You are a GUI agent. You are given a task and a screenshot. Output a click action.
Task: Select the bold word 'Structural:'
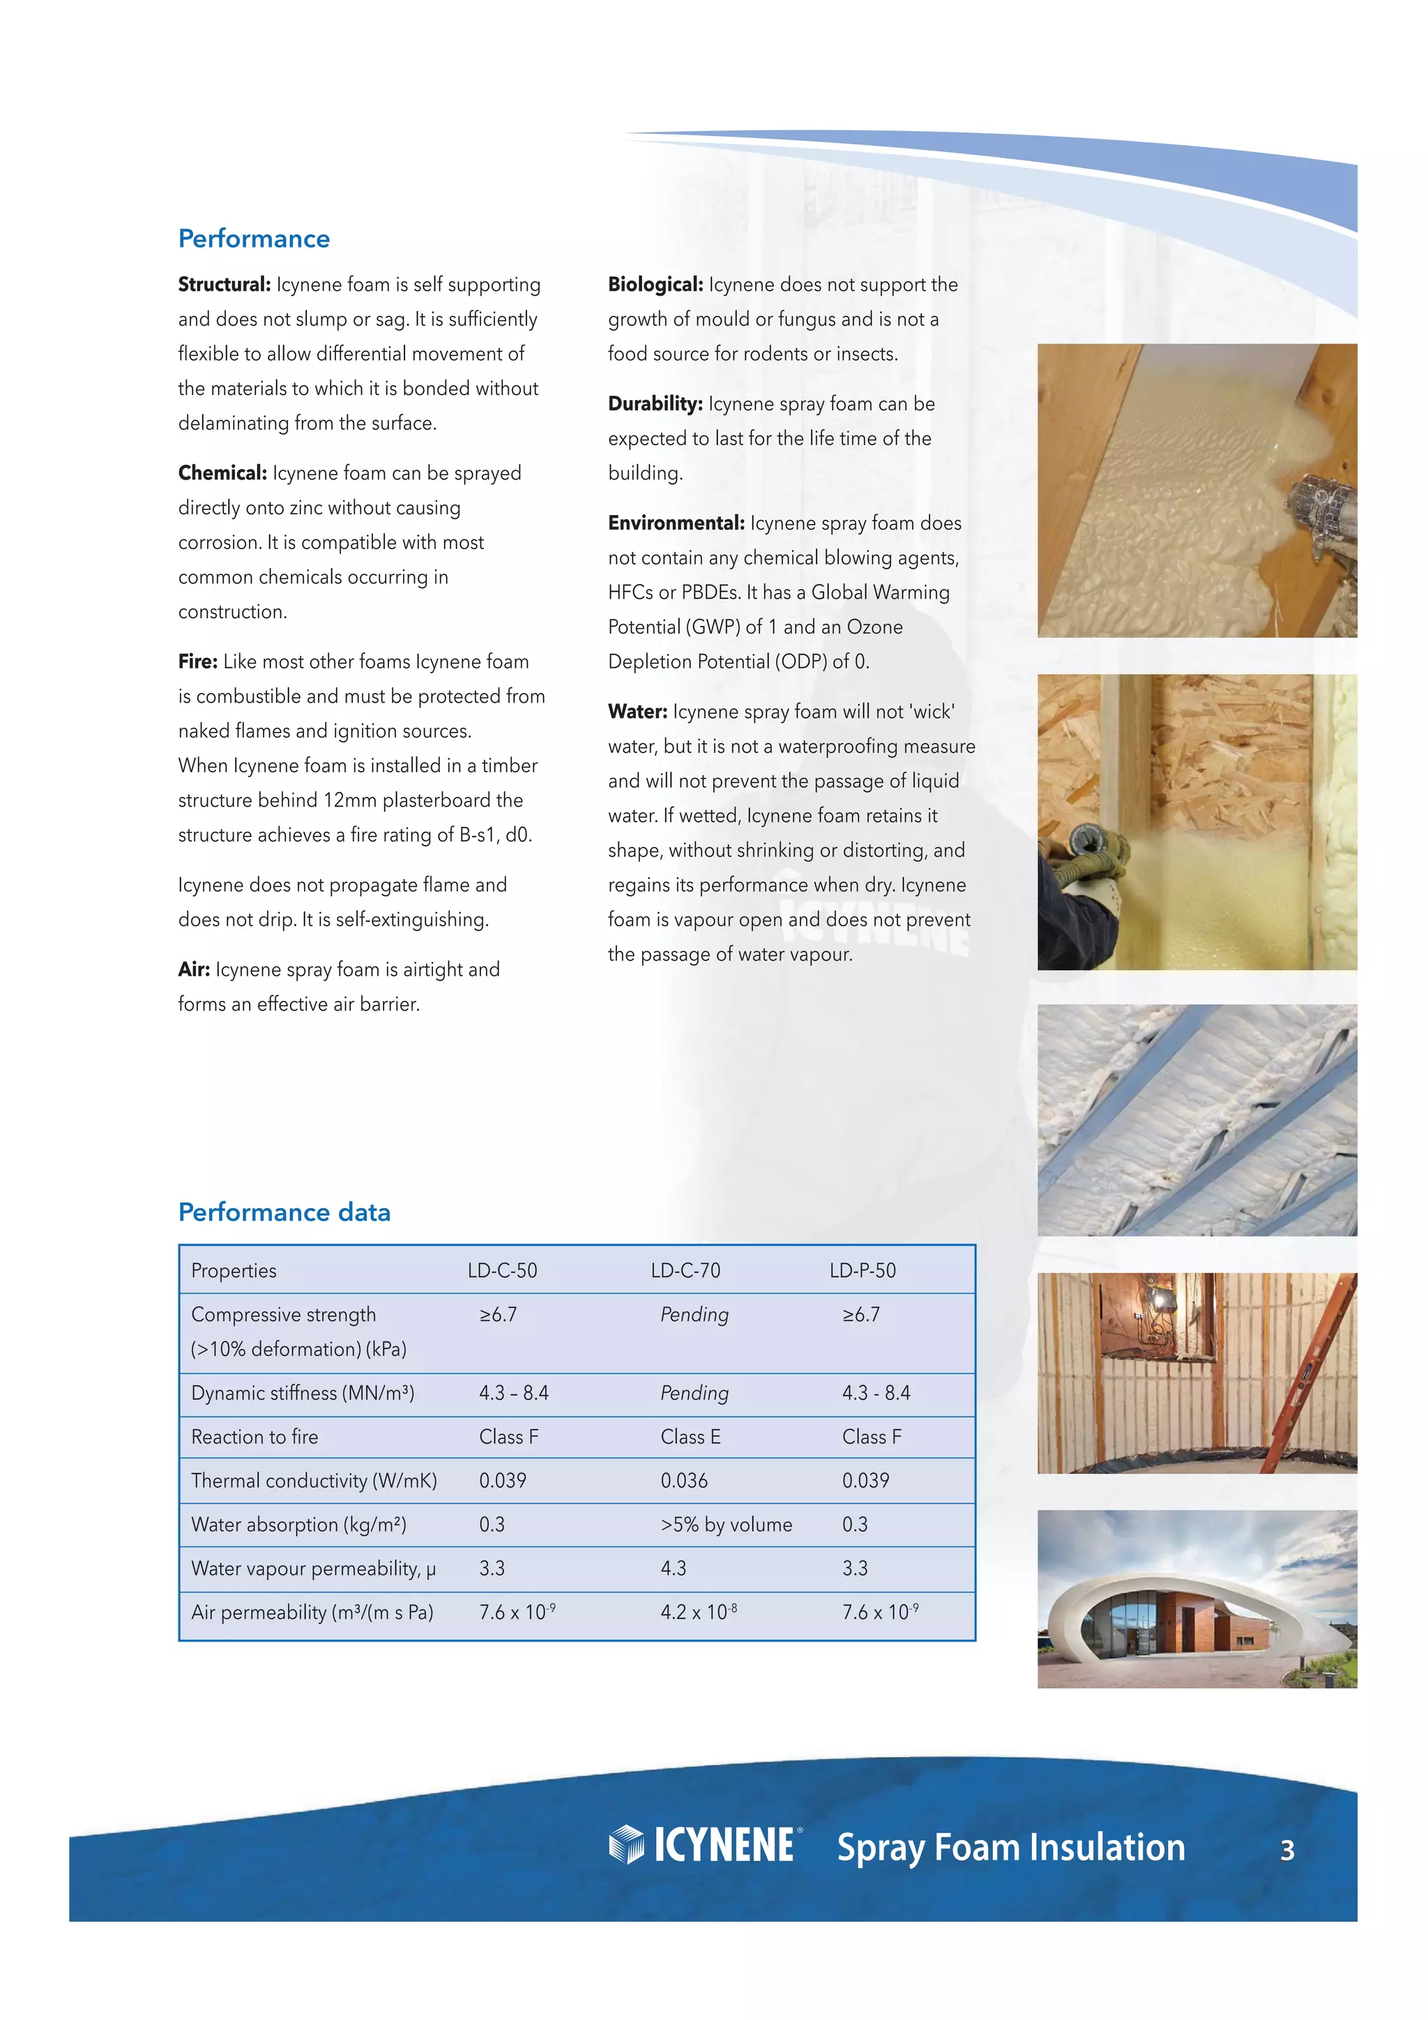[224, 284]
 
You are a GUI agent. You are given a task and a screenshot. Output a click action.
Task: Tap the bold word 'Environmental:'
[676, 523]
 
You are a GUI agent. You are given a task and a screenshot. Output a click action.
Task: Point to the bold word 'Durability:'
[655, 404]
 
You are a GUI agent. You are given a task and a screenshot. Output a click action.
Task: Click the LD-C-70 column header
[685, 1271]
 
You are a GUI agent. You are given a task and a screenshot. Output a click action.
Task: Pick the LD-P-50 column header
[863, 1271]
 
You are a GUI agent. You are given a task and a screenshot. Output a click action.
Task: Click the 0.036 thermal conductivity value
[683, 1480]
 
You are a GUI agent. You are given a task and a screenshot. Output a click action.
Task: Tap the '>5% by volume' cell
[726, 1524]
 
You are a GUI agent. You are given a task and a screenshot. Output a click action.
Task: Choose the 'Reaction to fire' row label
[255, 1437]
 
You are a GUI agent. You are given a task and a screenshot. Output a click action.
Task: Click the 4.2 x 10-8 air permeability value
[698, 1613]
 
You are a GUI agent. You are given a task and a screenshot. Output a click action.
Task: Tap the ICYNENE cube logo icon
[626, 1844]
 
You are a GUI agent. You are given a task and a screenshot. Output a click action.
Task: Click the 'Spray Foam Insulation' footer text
[1010, 1846]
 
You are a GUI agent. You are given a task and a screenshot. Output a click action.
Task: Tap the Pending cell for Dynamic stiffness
[694, 1393]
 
